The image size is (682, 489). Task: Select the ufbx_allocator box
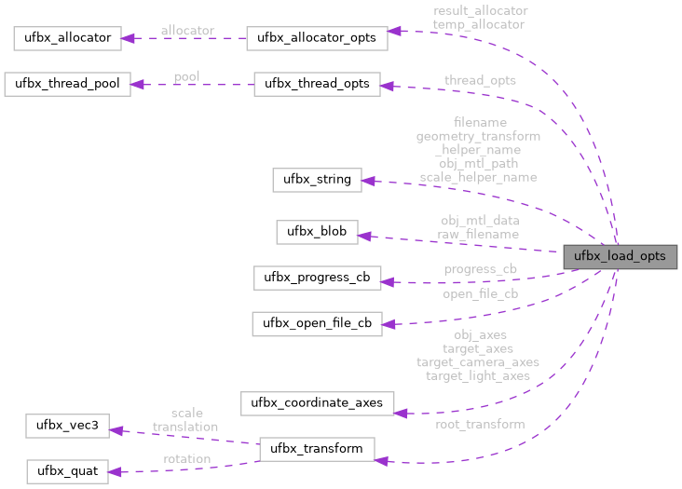pyautogui.click(x=63, y=39)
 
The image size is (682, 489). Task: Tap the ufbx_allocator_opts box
pyautogui.click(x=316, y=39)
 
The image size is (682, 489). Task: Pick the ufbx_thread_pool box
pyautogui.click(x=67, y=84)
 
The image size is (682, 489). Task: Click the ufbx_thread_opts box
pyautogui.click(x=317, y=84)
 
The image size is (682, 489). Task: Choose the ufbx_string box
pyautogui.click(x=317, y=180)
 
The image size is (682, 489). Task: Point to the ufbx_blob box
pyautogui.click(x=317, y=231)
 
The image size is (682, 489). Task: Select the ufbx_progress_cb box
pyautogui.click(x=317, y=278)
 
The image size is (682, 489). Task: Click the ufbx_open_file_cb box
pyautogui.click(x=317, y=324)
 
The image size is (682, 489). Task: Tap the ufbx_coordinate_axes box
pyautogui.click(x=317, y=403)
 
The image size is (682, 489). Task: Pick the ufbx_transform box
pyautogui.click(x=317, y=449)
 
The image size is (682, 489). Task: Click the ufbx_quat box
pyautogui.click(x=67, y=470)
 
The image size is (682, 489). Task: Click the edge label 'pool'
pyautogui.click(x=186, y=75)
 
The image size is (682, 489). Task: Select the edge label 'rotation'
pyautogui.click(x=186, y=458)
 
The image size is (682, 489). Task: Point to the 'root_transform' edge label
pyautogui.click(x=480, y=424)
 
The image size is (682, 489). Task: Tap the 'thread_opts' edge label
pyautogui.click(x=480, y=80)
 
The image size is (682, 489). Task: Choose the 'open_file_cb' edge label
pyautogui.click(x=480, y=293)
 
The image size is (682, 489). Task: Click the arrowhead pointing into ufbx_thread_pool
pyautogui.click(x=137, y=85)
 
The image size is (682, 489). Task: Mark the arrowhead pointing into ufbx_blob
pyautogui.click(x=365, y=236)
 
